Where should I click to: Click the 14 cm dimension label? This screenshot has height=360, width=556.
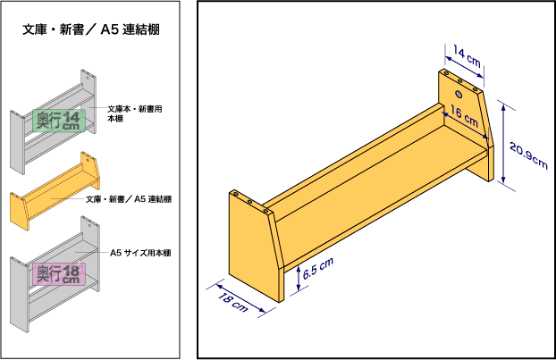467,56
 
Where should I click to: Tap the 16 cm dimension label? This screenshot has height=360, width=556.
464,116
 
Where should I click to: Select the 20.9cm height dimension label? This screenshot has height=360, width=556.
528,155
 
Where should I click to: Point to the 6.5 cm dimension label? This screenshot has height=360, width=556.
318,268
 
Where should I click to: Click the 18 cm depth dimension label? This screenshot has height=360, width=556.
232,302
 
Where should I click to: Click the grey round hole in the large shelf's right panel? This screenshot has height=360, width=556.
459,95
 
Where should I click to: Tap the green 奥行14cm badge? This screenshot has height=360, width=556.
59,121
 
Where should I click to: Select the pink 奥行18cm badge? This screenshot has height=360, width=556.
59,274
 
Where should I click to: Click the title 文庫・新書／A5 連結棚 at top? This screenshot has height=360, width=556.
91,29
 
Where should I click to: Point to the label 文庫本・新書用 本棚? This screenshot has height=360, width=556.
135,113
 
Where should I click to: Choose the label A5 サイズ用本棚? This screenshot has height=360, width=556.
140,253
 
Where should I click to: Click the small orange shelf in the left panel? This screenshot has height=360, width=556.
55,191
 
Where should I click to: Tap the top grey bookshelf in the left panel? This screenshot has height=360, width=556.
54,121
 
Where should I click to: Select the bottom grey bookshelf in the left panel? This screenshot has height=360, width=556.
55,274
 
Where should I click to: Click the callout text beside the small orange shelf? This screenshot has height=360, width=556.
129,199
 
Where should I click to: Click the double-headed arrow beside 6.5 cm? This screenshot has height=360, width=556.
299,279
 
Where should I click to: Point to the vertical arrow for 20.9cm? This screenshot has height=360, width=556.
503,143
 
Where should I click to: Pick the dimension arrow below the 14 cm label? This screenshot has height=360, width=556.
465,67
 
